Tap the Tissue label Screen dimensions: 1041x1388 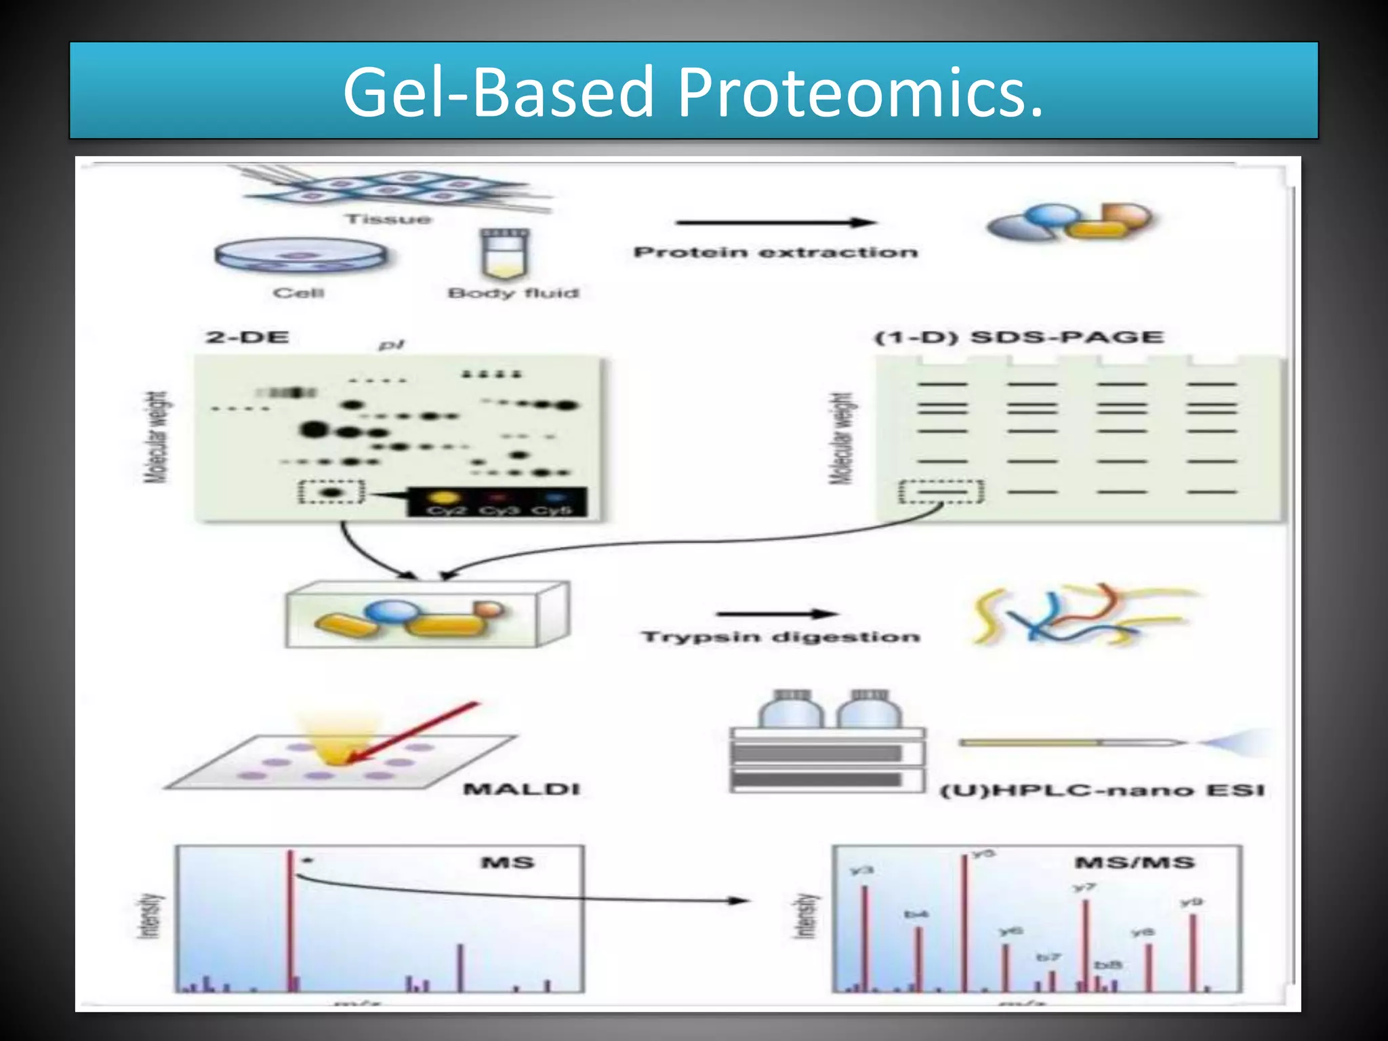point(388,219)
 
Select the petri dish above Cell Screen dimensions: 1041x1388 point(300,257)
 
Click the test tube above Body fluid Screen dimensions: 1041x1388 point(504,253)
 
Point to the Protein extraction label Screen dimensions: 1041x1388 point(775,252)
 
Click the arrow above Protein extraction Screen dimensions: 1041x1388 point(775,222)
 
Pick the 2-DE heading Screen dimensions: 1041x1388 point(247,337)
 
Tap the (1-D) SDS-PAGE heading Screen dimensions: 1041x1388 point(1019,337)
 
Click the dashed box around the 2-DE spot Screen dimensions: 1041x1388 point(331,491)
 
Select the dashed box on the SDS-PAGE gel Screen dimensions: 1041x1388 point(941,491)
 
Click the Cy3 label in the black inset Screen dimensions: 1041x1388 point(498,510)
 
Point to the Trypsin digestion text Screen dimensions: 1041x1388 point(780,637)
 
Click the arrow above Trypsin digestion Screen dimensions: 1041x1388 point(777,614)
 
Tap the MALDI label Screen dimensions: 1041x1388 point(521,789)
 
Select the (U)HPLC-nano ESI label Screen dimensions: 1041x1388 point(1102,790)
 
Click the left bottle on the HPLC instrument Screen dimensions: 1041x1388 point(791,710)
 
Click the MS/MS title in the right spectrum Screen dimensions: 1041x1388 point(1134,863)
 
